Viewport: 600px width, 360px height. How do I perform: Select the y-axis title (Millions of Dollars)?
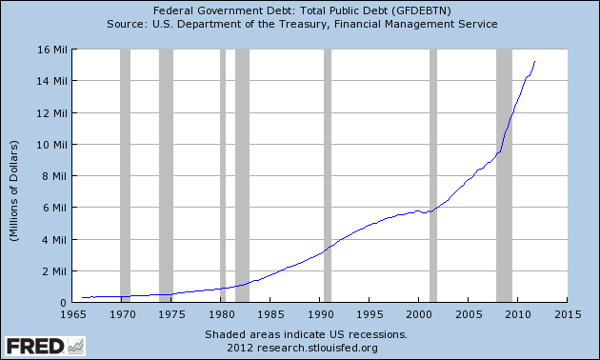click(x=16, y=176)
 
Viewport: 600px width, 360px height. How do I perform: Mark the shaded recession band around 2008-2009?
click(x=504, y=176)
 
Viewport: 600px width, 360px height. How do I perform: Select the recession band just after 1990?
click(x=328, y=176)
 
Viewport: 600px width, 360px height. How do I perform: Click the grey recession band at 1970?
click(x=125, y=176)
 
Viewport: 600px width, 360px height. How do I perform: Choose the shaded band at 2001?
click(x=433, y=176)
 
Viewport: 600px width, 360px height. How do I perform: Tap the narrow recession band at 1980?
click(x=223, y=176)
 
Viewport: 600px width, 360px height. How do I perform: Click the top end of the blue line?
click(x=534, y=62)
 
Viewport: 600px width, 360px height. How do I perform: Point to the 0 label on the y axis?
click(x=63, y=303)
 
